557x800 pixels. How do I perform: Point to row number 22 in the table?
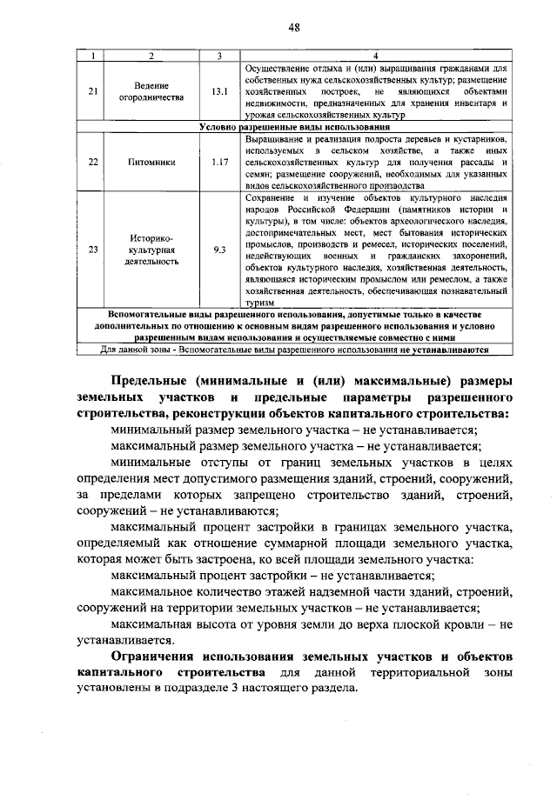(93, 162)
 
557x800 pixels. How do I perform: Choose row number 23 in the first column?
(93, 250)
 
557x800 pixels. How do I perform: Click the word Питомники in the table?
(151, 162)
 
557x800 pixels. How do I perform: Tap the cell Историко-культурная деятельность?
(151, 250)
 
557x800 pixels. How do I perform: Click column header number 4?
(375, 57)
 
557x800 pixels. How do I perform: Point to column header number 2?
(151, 57)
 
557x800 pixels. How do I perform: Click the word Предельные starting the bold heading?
(151, 380)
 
